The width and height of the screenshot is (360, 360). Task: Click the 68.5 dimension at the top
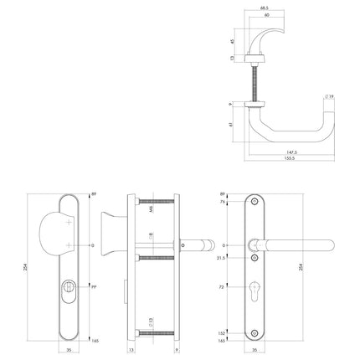(x=264, y=9)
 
